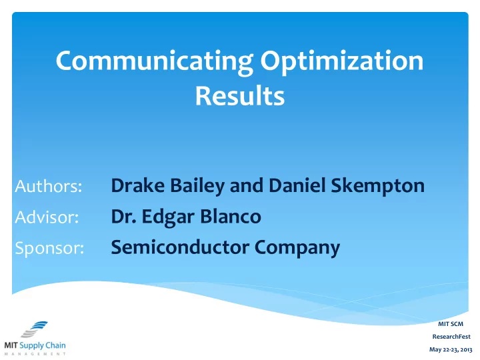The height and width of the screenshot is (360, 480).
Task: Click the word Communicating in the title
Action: (x=155, y=62)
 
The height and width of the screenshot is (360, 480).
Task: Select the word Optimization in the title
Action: (x=342, y=62)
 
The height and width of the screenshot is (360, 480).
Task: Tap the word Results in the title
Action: (x=240, y=95)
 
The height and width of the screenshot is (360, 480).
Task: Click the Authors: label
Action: (x=49, y=186)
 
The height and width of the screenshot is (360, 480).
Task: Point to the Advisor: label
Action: (x=47, y=217)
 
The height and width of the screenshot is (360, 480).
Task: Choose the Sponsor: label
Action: (x=49, y=248)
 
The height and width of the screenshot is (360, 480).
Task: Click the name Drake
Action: (x=138, y=185)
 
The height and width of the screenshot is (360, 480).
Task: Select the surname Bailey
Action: (x=197, y=187)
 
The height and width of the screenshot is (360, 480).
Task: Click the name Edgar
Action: (x=168, y=217)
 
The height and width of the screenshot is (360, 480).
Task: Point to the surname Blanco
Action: (x=231, y=217)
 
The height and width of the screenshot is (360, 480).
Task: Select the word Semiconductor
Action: (x=180, y=247)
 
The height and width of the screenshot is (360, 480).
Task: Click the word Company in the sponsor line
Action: (x=297, y=249)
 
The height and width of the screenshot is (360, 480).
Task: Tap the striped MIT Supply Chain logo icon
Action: (x=34, y=329)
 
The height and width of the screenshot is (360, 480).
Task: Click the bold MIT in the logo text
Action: (x=11, y=345)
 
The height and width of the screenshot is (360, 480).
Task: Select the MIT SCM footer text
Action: (x=451, y=324)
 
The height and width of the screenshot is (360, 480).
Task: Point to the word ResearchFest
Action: (x=451, y=337)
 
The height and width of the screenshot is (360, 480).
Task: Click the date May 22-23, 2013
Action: (x=451, y=349)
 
